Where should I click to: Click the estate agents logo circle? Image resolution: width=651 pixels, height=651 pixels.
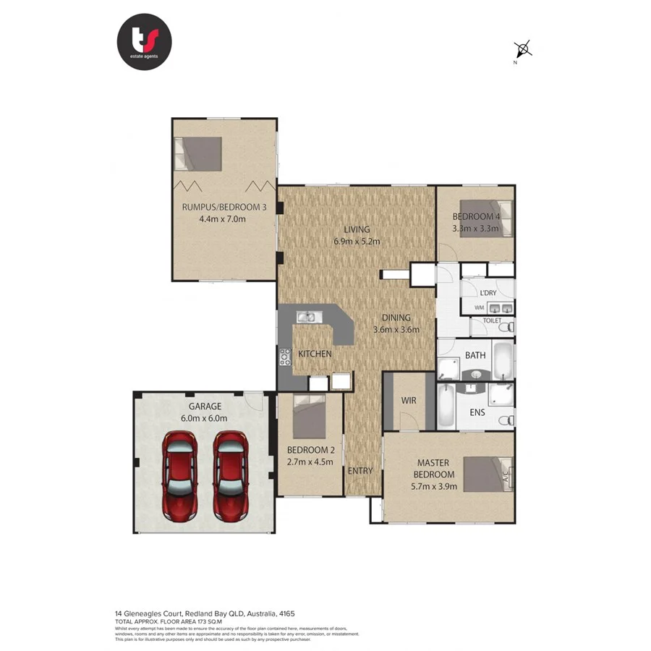point(144,41)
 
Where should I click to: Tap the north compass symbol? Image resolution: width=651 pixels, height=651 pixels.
point(523,50)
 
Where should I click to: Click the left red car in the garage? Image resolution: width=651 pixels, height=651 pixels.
point(179,475)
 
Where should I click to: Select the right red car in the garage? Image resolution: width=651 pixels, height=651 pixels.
point(231,475)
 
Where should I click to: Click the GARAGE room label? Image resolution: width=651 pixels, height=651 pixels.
point(206,407)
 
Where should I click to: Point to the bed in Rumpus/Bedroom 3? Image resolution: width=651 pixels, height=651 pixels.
point(198,153)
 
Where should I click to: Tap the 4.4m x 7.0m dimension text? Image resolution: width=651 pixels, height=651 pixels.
point(223,218)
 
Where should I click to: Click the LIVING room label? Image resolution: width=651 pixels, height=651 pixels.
point(357,229)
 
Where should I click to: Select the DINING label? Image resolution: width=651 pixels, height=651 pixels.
point(396,318)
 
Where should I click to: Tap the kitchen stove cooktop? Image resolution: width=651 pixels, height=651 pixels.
point(285,355)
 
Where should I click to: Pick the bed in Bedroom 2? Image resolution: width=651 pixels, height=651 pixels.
point(312,415)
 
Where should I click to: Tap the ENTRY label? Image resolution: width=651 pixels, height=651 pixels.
point(360,471)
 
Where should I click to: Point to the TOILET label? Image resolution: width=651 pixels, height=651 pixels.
point(492,320)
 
